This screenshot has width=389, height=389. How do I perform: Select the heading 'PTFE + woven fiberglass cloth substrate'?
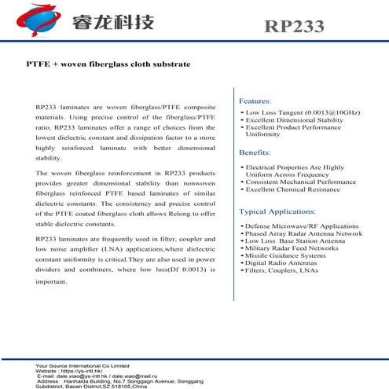pyautogui.click(x=108, y=65)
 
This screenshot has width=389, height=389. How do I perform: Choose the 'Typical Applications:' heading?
pyautogui.click(x=279, y=212)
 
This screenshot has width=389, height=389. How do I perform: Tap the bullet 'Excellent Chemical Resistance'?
pyautogui.click(x=292, y=190)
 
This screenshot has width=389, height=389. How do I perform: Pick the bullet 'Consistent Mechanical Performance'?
pyautogui.click(x=299, y=182)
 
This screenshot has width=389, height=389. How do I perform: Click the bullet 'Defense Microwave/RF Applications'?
pyautogui.click(x=296, y=226)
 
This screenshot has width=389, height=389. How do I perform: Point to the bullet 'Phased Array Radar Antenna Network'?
pyautogui.click(x=303, y=233)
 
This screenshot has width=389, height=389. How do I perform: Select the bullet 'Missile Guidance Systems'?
pyautogui.click(x=284, y=255)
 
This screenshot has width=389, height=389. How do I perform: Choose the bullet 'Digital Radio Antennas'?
pyautogui.click(x=281, y=262)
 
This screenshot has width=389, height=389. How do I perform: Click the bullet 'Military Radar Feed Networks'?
pyautogui.click(x=291, y=248)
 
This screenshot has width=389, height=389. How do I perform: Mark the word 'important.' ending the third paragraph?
pyautogui.click(x=51, y=281)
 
